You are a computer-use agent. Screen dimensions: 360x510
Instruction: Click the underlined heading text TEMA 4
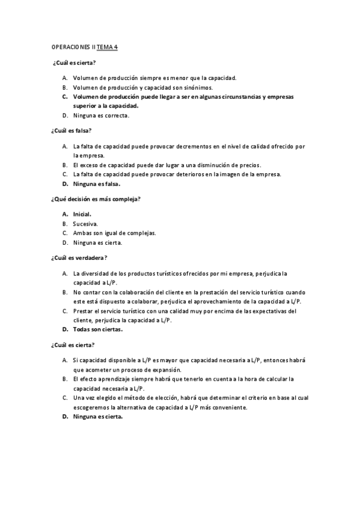click(107, 46)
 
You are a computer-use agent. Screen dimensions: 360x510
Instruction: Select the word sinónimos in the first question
click(199, 87)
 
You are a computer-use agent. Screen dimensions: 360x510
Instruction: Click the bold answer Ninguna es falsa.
click(97, 184)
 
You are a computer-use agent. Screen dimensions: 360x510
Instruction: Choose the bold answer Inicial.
click(82, 214)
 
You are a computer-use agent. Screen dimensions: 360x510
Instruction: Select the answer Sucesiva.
click(85, 224)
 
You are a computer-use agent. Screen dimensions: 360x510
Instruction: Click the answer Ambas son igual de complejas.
click(114, 233)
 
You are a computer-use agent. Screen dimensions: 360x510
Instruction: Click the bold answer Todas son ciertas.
click(98, 330)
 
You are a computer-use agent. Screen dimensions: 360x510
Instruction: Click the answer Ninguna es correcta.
click(100, 115)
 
